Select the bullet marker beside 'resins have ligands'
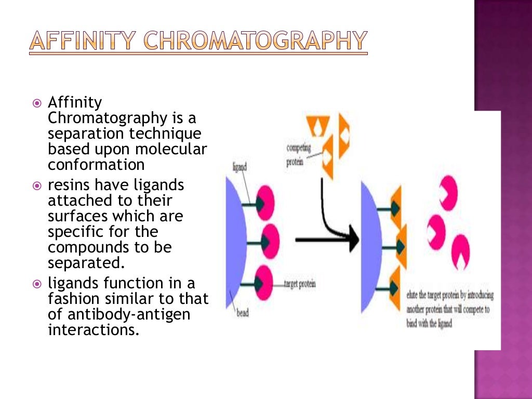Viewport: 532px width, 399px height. tap(36, 185)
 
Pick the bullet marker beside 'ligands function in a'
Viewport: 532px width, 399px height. tap(36, 284)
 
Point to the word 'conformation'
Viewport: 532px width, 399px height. tap(96, 165)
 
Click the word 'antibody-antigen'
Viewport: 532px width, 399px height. tap(124, 315)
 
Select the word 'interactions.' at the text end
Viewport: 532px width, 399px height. tap(94, 330)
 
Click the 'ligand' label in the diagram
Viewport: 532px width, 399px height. tap(239, 167)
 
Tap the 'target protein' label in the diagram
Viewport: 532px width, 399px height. tap(300, 284)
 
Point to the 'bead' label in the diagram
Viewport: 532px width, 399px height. tap(243, 313)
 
